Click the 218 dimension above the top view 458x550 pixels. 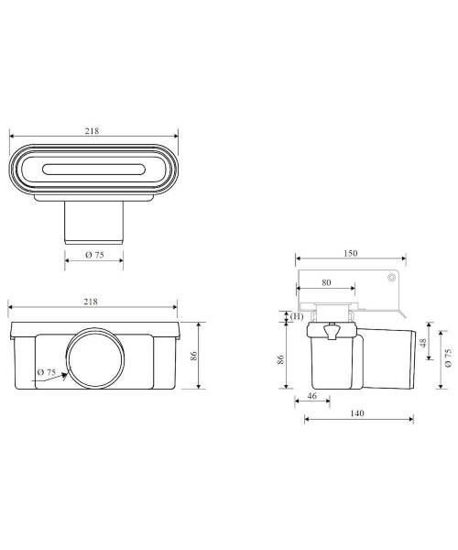(92, 131)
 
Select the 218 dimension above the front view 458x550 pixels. (91, 302)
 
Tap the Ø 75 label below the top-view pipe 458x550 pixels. (94, 255)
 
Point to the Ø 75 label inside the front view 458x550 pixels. (47, 372)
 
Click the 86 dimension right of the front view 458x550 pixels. (194, 356)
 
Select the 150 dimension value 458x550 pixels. (351, 253)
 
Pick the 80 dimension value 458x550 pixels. (326, 282)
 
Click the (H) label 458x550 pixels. (297, 316)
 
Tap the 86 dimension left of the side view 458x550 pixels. (280, 359)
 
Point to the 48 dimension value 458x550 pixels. (422, 342)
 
